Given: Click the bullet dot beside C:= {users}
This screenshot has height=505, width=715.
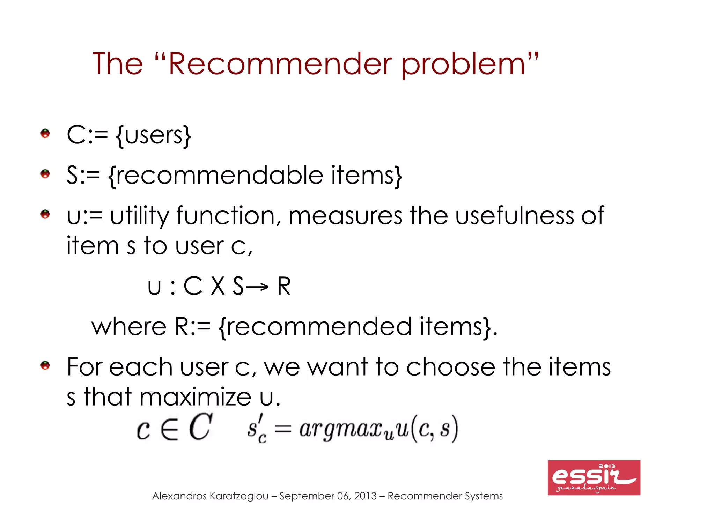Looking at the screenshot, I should pos(45,133).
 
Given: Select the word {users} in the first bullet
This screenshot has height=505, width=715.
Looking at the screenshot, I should pos(154,135).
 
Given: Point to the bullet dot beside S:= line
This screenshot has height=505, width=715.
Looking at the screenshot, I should pos(45,173).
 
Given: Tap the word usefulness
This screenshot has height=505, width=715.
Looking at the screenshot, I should pos(515,216).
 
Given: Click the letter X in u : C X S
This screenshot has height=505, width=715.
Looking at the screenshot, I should pos(218,286).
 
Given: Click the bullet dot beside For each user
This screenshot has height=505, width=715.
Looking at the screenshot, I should pos(45,365).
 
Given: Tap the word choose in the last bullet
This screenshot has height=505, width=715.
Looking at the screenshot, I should pos(450,367).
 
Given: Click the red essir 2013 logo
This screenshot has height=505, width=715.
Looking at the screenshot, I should pos(594,477).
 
